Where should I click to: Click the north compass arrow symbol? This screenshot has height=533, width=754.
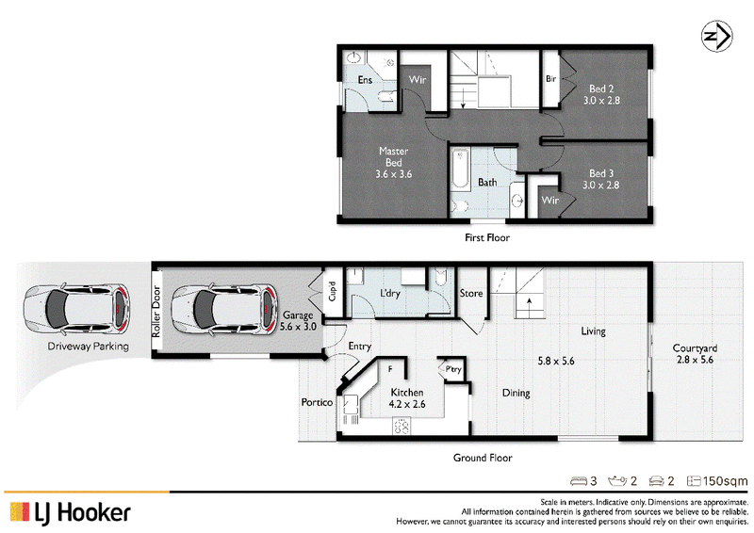point(716,36)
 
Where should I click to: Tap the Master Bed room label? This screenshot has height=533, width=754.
point(393,163)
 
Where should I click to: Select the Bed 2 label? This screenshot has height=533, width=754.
point(601,94)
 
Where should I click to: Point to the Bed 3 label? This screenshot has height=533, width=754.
point(601,179)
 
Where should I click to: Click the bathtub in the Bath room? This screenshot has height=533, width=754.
point(460,170)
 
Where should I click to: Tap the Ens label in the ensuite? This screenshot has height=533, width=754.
point(365,80)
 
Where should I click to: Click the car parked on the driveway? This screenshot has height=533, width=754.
point(77,309)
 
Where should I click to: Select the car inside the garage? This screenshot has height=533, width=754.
point(223,309)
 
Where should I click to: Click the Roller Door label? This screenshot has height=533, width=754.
point(156,312)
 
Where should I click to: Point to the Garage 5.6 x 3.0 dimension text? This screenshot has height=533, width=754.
point(298,320)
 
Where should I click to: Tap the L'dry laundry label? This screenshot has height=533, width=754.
point(390,293)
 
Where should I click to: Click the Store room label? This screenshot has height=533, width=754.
point(471,293)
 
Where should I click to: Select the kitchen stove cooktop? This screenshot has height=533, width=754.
point(402,426)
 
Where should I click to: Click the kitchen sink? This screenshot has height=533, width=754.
point(350,405)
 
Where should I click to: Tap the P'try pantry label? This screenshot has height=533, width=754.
point(453,369)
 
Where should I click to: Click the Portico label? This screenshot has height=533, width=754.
point(317,402)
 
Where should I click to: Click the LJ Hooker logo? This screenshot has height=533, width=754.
point(70,513)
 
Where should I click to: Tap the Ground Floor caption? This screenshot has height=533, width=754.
point(483,458)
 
